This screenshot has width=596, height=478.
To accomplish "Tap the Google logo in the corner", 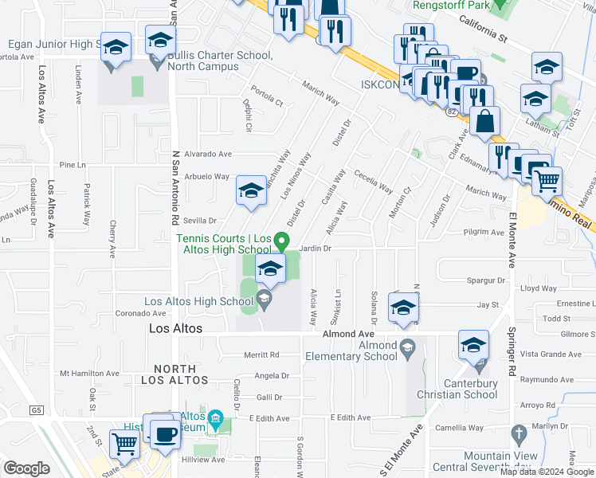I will click(26, 468).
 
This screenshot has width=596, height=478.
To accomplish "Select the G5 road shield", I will click(36, 410).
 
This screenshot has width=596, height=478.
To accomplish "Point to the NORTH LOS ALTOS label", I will click(174, 374).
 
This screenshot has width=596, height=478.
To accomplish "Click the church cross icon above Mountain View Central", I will click(519, 435).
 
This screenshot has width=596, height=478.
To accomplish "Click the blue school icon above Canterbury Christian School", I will click(473, 345).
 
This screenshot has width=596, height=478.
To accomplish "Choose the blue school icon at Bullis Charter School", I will click(160, 41).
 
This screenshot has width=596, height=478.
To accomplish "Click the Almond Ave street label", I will click(347, 335).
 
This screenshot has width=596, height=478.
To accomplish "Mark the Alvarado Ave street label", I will click(208, 154).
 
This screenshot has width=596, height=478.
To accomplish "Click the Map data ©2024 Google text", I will click(547, 472).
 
